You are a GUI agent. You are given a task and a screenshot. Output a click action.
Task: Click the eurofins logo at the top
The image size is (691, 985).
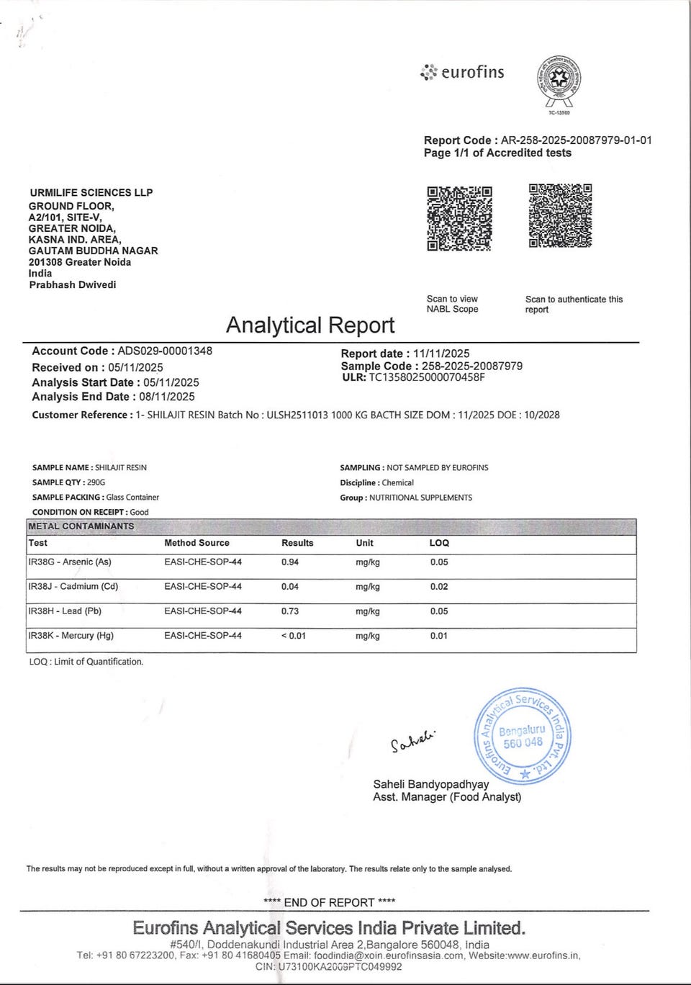[463, 72]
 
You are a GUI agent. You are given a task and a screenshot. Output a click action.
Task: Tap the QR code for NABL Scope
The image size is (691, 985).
[459, 218]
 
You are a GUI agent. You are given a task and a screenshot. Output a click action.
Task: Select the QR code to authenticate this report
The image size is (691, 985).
[560, 216]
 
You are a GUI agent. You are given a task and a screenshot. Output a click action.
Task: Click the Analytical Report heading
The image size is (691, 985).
[310, 325]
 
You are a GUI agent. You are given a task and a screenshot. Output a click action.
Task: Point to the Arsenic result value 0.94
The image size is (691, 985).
[290, 562]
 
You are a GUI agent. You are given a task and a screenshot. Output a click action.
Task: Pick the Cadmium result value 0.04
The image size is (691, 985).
[290, 587]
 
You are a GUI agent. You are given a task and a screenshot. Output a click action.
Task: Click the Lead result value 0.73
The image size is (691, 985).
[290, 611]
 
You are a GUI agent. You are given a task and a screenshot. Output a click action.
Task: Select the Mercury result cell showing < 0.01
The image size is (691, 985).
[294, 636]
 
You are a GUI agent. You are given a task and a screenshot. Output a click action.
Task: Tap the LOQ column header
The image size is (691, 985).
[439, 543]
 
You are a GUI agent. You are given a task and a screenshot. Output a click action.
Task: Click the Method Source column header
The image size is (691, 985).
[197, 543]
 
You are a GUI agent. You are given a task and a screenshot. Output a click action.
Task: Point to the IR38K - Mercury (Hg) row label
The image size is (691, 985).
[71, 636]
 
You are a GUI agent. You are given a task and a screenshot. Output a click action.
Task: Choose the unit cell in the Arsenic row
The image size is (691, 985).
[368, 562]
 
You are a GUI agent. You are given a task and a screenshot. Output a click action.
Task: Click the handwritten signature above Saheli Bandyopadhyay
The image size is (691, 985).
[413, 740]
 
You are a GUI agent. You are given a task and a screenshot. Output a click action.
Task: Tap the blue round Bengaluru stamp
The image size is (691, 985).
[522, 736]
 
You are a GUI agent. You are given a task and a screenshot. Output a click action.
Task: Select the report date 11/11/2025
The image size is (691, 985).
[441, 354]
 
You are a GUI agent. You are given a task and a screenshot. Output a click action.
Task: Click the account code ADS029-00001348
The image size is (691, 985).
[165, 351]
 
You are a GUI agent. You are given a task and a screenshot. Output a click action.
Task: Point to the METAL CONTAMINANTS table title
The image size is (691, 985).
[81, 526]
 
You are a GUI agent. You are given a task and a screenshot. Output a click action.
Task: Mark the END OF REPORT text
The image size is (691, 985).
[330, 902]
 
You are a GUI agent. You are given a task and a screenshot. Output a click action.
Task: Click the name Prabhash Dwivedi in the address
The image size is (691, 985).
[73, 284]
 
